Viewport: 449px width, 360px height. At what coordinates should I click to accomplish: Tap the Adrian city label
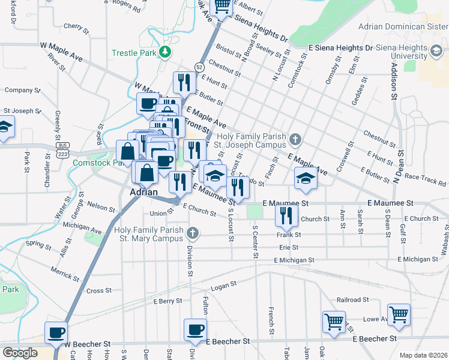(x=143, y=193)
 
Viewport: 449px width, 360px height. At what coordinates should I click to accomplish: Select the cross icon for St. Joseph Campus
(x=294, y=140)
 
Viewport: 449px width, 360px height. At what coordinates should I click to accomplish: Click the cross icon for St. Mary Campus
(x=192, y=232)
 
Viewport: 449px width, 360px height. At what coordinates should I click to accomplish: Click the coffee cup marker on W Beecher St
(x=57, y=332)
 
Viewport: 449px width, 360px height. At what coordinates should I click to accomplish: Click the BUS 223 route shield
(x=62, y=150)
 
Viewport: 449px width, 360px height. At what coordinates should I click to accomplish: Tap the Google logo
(x=20, y=353)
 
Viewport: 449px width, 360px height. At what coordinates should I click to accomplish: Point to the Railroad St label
(x=352, y=299)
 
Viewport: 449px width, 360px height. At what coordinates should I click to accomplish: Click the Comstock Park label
(x=93, y=163)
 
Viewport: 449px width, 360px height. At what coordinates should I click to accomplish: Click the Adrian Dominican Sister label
(x=403, y=26)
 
